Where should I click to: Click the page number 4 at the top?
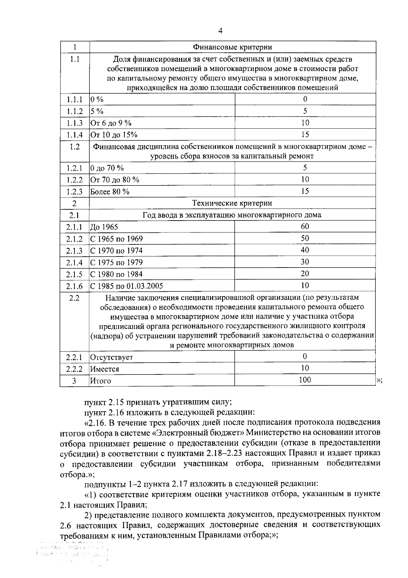[220, 31]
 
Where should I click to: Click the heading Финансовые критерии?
[232, 47]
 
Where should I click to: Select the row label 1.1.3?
[74, 123]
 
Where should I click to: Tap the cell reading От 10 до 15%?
[114, 135]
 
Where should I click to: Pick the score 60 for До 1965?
[305, 226]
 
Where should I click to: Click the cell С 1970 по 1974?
[116, 251]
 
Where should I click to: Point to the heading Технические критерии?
[232, 203]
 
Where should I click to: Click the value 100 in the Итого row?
[305, 380]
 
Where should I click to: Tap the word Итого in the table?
[100, 381]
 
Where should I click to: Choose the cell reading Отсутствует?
[112, 357]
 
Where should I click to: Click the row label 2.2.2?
[74, 369]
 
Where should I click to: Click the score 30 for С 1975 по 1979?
[305, 262]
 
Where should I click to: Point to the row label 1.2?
[74, 147]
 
